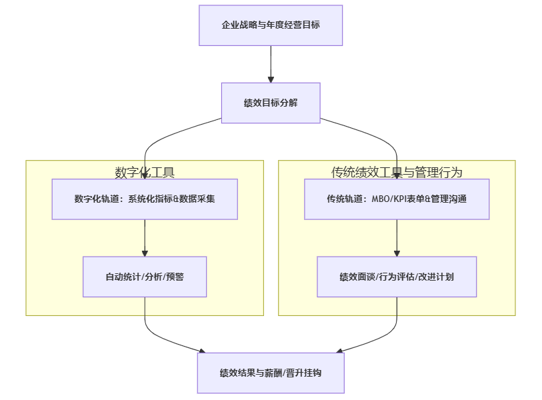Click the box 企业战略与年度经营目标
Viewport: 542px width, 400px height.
pos(271,25)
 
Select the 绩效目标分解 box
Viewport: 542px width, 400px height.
pos(271,103)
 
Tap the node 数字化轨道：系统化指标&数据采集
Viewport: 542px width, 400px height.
pos(145,199)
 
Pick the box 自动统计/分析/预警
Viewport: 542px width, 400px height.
pos(145,276)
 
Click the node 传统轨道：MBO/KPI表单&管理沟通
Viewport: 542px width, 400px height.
pos(397,199)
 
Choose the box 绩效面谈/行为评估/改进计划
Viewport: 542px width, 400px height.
pos(397,276)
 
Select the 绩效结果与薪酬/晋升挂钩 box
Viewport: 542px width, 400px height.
pos(271,373)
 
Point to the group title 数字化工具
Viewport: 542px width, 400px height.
pos(145,173)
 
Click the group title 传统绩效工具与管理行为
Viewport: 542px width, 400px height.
pos(397,173)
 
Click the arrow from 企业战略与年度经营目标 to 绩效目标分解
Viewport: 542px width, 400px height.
pos(271,64)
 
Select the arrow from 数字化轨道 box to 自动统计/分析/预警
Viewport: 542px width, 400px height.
pos(145,237)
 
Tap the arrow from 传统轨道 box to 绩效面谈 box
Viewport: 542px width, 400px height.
pos(397,237)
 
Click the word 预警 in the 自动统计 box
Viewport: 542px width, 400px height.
pos(175,276)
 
